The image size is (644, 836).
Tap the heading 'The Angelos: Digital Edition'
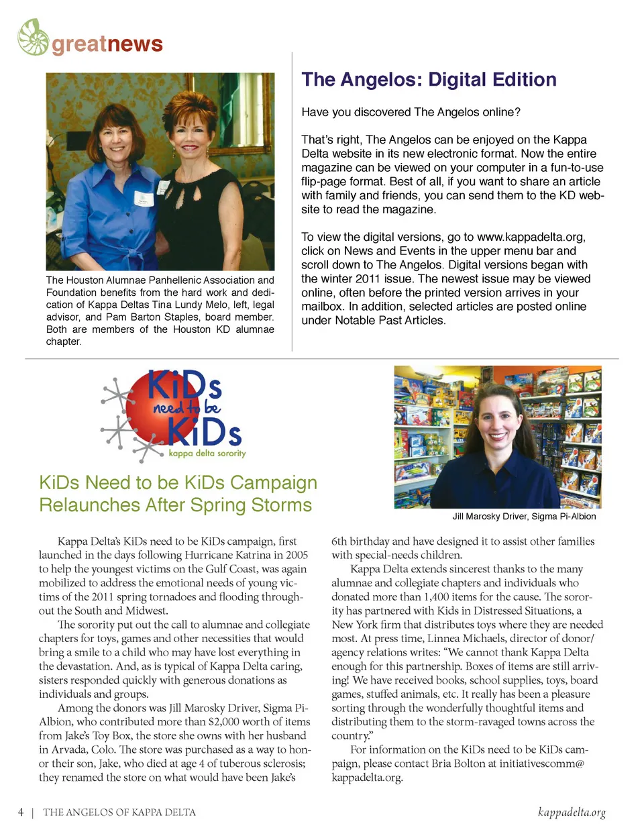tap(429, 80)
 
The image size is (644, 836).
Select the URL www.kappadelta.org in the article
tap(531, 237)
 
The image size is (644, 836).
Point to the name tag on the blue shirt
tap(144, 197)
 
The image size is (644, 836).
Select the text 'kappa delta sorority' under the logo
tap(207, 454)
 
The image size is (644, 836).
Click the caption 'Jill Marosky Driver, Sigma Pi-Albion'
tap(524, 517)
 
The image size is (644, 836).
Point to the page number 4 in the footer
tap(21, 813)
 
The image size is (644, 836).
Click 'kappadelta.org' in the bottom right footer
tap(572, 813)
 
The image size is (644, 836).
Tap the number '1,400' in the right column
tap(437, 596)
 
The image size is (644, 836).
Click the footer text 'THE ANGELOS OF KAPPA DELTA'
tap(119, 813)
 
